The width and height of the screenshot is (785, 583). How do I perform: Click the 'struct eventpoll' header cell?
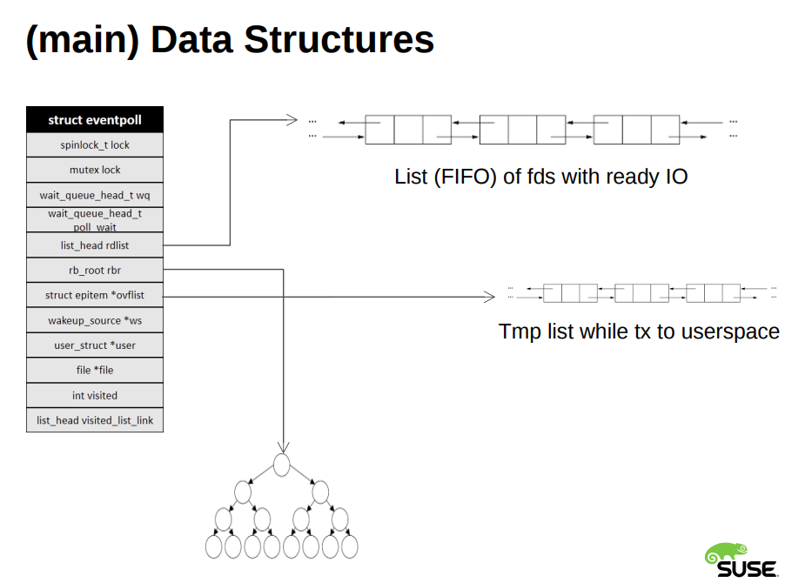[95, 119]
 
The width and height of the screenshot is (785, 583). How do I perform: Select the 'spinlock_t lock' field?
[95, 145]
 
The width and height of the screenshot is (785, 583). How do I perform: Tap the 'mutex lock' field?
[95, 171]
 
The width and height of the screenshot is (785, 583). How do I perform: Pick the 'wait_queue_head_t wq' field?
[95, 195]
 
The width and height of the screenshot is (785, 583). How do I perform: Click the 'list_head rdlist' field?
[95, 245]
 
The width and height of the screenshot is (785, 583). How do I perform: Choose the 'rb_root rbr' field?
[95, 271]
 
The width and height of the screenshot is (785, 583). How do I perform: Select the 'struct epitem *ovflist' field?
[95, 295]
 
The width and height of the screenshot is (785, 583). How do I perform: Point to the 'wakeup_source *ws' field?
[95, 320]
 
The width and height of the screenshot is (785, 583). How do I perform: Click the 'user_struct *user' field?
[95, 345]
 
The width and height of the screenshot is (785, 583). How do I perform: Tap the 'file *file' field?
[95, 371]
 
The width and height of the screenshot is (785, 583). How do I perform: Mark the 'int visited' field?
[95, 395]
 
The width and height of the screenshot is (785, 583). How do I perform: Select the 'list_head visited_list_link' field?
[95, 420]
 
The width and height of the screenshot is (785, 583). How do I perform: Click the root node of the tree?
[282, 465]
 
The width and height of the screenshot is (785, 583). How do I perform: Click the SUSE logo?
[741, 560]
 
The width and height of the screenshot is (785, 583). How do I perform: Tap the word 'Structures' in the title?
[339, 39]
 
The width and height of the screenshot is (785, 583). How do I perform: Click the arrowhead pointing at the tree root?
[284, 447]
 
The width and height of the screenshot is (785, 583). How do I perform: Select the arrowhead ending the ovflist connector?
[490, 297]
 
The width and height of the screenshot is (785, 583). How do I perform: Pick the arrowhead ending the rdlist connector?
[292, 119]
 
